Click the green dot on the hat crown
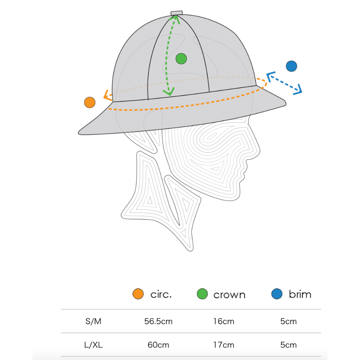[x=181, y=59]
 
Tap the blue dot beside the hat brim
[x=292, y=66]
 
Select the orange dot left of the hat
[x=90, y=103]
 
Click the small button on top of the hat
[x=176, y=13]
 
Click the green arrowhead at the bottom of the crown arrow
[x=169, y=92]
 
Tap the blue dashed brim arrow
[x=284, y=83]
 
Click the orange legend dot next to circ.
[x=138, y=293]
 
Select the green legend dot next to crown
[x=202, y=293]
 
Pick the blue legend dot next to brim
[x=277, y=293]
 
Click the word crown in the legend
[x=229, y=295]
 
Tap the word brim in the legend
[x=300, y=294]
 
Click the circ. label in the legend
[x=161, y=294]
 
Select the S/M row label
[x=93, y=321]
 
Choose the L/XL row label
[x=93, y=345]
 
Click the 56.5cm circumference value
[x=158, y=321]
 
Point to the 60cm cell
[x=158, y=345]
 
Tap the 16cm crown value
[x=223, y=321]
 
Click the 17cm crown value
[x=223, y=345]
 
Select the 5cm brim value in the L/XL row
[x=288, y=345]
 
